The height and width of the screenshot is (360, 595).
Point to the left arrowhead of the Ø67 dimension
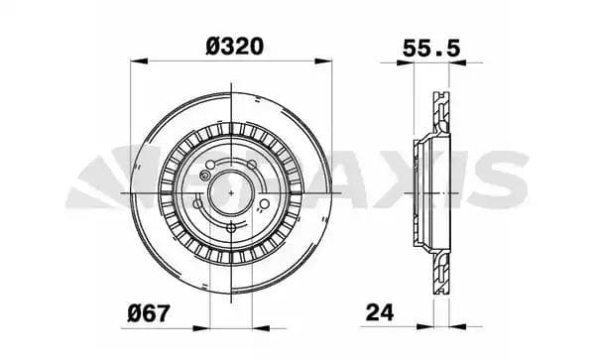tap(202, 324)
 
